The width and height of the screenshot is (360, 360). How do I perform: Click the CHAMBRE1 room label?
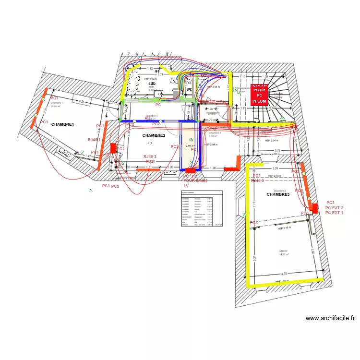62,124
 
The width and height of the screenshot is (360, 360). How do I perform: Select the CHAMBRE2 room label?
154,136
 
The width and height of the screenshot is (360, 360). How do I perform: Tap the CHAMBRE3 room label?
278,194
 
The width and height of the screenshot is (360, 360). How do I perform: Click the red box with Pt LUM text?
260,95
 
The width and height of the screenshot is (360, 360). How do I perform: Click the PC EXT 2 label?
335,207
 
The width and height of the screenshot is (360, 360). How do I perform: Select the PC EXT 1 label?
335,212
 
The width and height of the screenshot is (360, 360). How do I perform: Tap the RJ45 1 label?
94,140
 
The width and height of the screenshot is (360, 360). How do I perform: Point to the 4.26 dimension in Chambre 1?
82,102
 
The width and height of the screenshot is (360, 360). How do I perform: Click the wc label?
189,89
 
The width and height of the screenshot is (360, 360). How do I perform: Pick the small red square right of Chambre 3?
234,168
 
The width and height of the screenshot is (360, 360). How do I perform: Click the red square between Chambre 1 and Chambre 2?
113,148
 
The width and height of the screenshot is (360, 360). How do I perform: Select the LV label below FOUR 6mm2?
186,186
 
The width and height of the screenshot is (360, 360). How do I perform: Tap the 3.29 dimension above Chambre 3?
275,169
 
